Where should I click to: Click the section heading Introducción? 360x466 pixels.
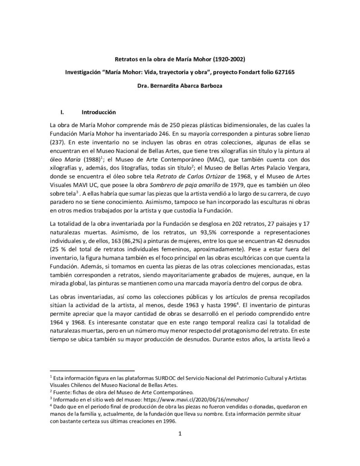point(98,112)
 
